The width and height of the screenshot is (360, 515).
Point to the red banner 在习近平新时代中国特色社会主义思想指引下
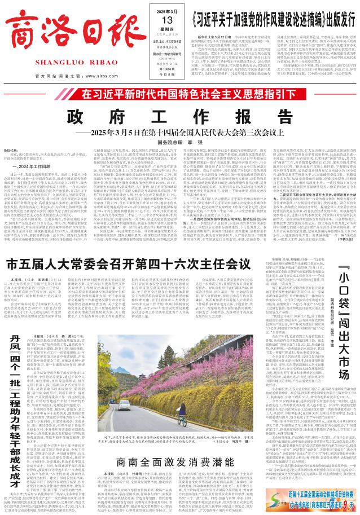180,78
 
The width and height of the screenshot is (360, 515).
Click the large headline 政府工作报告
179,102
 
